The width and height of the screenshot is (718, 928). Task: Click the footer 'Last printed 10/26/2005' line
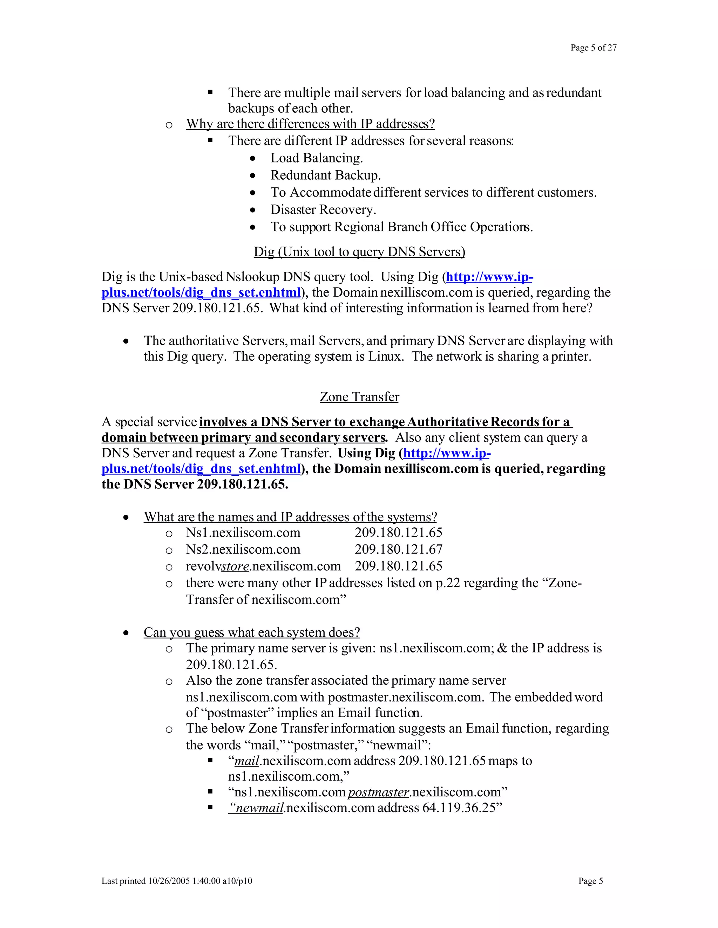pyautogui.click(x=177, y=881)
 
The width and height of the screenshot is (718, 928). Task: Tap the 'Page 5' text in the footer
pyautogui.click(x=590, y=881)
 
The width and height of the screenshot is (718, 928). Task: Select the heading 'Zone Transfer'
pyautogui.click(x=359, y=397)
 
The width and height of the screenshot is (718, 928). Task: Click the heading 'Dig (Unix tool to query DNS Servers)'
pyautogui.click(x=359, y=252)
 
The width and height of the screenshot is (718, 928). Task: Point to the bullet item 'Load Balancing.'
pyautogui.click(x=317, y=158)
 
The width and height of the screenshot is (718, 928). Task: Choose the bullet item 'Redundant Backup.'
pyautogui.click(x=325, y=175)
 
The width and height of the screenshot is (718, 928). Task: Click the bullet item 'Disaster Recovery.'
pyautogui.click(x=323, y=210)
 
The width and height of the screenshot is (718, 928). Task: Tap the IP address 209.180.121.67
pyautogui.click(x=398, y=549)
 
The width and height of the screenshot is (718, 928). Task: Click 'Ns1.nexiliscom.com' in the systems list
pyautogui.click(x=243, y=533)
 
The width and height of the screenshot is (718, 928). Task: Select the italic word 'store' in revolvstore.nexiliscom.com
pyautogui.click(x=235, y=566)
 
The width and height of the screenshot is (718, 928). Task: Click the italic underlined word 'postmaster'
pyautogui.click(x=378, y=792)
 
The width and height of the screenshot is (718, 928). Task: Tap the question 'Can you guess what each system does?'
pyautogui.click(x=251, y=632)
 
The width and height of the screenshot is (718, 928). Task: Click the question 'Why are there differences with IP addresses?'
pyautogui.click(x=310, y=124)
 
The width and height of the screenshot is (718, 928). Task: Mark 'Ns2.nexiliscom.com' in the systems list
pyautogui.click(x=243, y=549)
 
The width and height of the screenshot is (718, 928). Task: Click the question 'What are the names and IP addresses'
pyautogui.click(x=290, y=517)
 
